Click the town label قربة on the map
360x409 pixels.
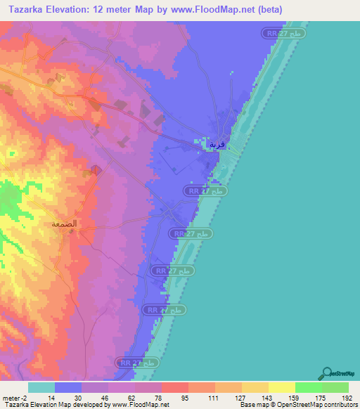tap(217, 145)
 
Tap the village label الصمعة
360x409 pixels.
tap(64, 224)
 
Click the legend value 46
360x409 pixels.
tap(108, 397)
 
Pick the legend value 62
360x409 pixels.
tap(135, 397)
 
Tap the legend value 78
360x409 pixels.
tap(162, 397)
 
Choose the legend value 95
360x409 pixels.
tap(188, 397)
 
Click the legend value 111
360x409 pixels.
tap(215, 397)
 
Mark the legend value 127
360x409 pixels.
tap(242, 397)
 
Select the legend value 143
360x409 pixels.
tap(269, 397)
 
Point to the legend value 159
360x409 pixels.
tap(295, 397)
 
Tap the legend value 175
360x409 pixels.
tap(322, 397)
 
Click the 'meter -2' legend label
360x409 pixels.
tap(15, 397)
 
